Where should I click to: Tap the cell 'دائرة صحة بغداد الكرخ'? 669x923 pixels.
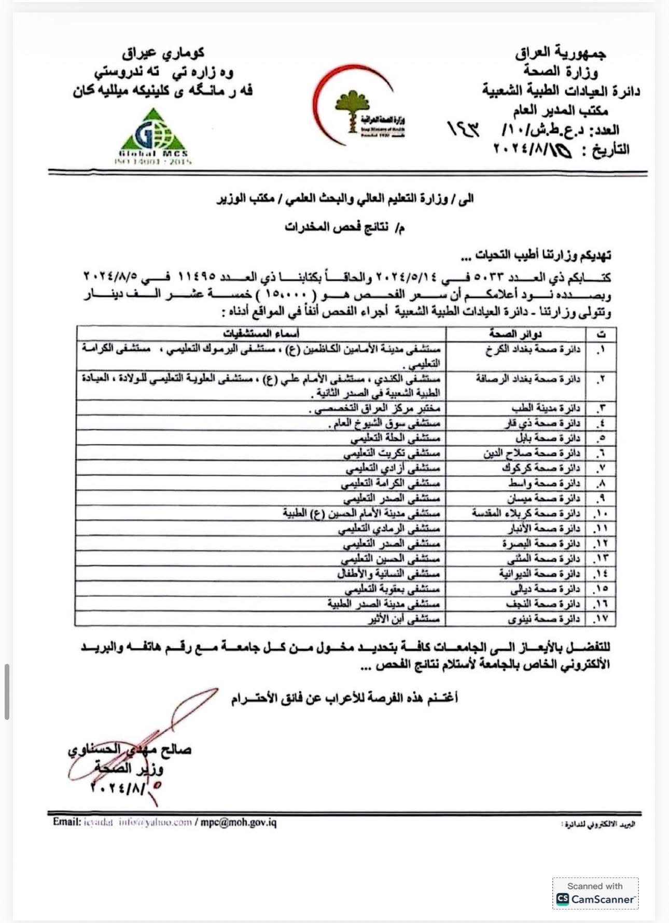pyautogui.click(x=532, y=349)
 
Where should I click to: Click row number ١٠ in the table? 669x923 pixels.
pyautogui.click(x=601, y=514)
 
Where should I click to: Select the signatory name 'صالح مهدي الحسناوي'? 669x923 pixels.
pyautogui.click(x=130, y=750)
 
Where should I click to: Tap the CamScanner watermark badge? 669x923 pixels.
pyautogui.click(x=595, y=893)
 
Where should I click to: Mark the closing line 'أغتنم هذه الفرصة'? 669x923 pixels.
pyautogui.click(x=344, y=698)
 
